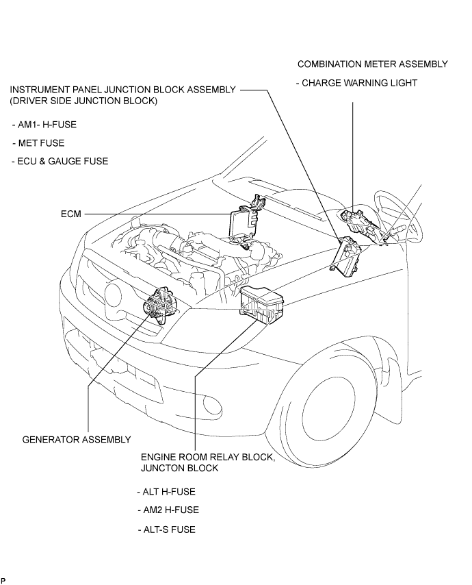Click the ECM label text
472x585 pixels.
click(71, 214)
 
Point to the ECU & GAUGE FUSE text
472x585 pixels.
click(60, 161)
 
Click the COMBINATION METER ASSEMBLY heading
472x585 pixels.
click(372, 64)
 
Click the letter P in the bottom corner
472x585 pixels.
click(3, 580)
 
